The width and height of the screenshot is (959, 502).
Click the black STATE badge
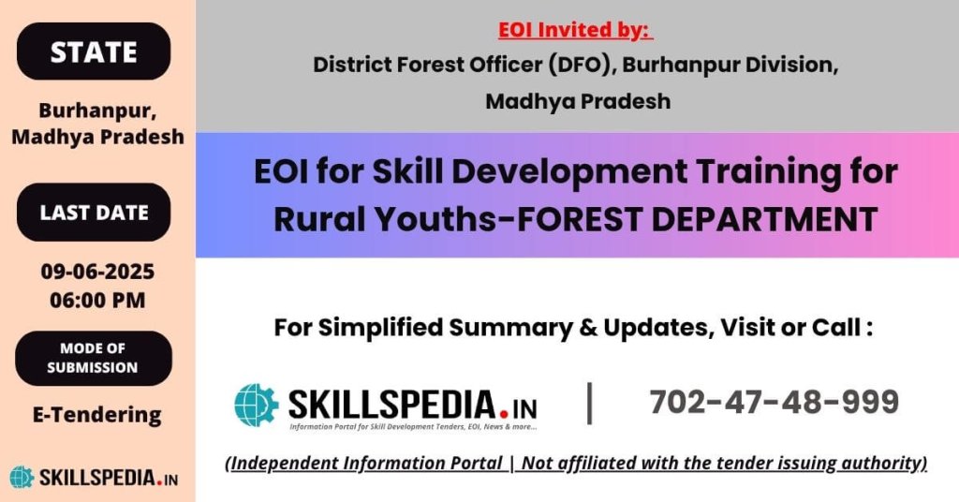coord(94,52)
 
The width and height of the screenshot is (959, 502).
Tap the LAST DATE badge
coord(94,213)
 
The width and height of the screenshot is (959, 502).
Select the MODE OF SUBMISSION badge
coord(94,358)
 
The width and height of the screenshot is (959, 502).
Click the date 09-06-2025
coord(97,271)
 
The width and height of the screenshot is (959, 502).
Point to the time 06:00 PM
coord(97,301)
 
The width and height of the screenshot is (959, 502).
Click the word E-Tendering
coord(97,415)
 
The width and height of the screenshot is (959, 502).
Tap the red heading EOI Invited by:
coord(576,29)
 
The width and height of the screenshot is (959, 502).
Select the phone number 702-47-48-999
coord(774,402)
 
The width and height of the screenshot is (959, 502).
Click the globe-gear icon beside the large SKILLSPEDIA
coord(257,405)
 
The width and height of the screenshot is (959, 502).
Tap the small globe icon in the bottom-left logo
coord(22,478)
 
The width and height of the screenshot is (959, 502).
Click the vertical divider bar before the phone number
coord(590,403)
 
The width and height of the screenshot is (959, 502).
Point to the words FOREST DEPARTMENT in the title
coord(697,219)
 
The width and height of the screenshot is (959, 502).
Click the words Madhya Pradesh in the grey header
coord(578,101)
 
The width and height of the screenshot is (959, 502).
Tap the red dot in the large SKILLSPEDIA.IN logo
coord(504,413)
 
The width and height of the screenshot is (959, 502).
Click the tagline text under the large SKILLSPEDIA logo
coord(413,427)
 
